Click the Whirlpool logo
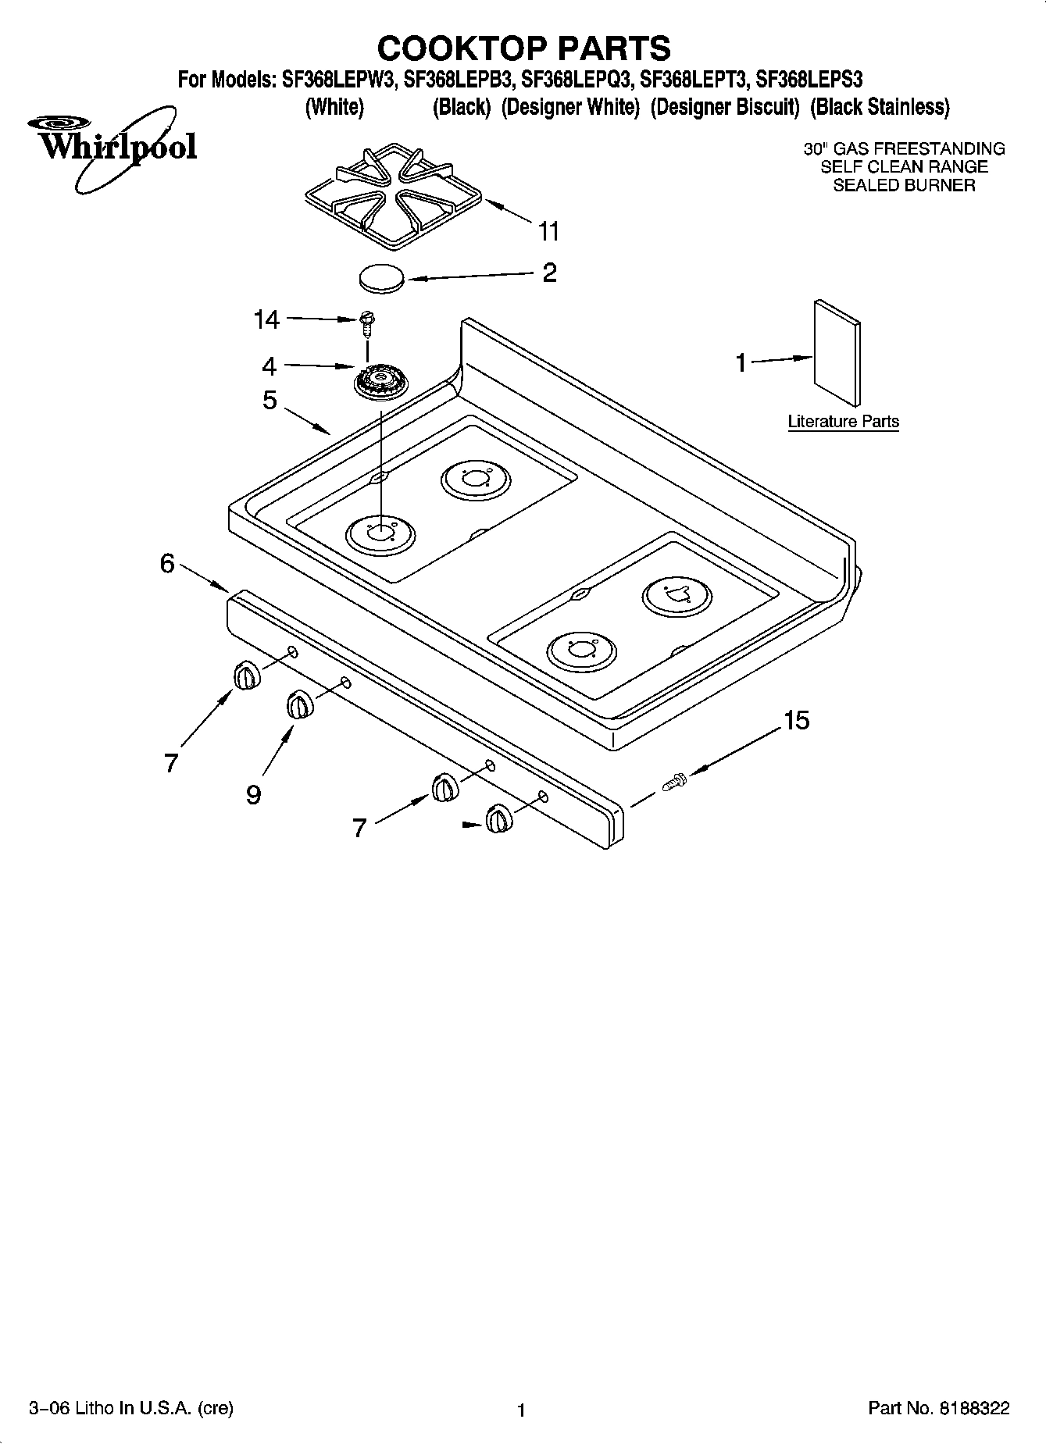109,145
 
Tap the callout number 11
548,231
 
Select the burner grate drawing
390,195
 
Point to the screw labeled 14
367,322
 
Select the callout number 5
270,401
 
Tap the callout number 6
167,563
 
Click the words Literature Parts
843,422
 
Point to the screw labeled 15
673,780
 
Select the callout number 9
254,795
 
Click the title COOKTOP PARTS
523,48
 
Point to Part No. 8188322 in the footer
939,1409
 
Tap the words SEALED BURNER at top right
904,186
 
